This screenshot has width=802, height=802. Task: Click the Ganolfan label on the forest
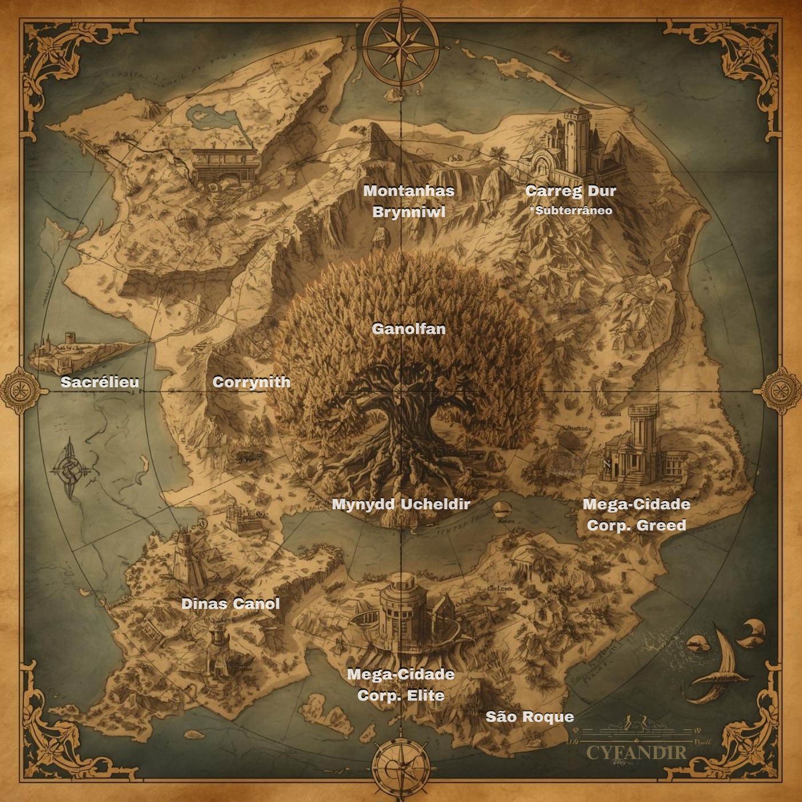[x=408, y=329]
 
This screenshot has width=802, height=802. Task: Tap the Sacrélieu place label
[x=100, y=382]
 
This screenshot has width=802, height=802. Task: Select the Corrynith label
[x=251, y=382]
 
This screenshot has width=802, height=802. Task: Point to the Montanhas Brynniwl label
[x=408, y=201]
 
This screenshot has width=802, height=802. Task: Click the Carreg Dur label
[x=571, y=191]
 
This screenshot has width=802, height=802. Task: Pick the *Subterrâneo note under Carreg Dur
[x=571, y=211]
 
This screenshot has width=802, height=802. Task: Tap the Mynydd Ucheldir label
[x=401, y=504]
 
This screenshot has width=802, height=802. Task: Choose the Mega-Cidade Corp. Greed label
[x=636, y=514]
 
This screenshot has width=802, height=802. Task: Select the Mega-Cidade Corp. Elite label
[x=401, y=685]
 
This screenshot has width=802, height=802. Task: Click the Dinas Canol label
[x=230, y=603]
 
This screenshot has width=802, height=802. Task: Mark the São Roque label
[x=529, y=717]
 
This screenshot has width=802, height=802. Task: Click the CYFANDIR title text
[x=636, y=752]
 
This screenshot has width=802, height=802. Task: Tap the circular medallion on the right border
[x=780, y=391]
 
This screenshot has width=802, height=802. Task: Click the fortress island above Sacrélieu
[x=69, y=349]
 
